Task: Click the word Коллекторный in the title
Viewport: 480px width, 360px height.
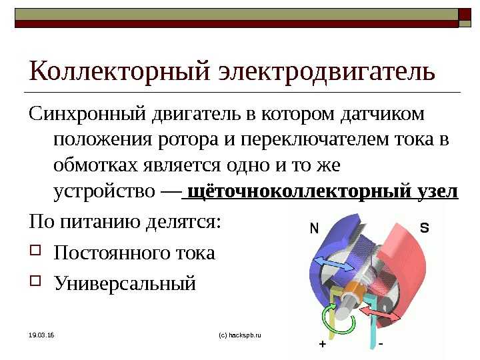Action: (x=120, y=71)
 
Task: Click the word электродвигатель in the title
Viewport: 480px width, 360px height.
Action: (x=327, y=71)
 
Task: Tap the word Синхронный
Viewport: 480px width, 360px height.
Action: (x=87, y=114)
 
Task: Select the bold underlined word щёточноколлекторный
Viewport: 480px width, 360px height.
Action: (x=299, y=191)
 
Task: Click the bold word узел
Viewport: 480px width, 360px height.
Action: (x=438, y=191)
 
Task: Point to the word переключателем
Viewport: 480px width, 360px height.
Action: (x=315, y=139)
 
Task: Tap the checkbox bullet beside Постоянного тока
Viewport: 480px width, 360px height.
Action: (x=35, y=250)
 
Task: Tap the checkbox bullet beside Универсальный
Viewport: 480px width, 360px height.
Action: (x=35, y=280)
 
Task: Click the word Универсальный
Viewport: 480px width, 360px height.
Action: (x=125, y=283)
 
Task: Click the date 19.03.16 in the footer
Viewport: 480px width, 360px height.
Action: (x=41, y=335)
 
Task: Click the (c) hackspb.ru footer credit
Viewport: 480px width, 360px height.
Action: (x=240, y=335)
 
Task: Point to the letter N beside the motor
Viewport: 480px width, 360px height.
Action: (x=315, y=229)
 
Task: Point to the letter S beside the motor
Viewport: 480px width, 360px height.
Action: (x=424, y=228)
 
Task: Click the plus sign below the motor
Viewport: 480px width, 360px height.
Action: (x=323, y=344)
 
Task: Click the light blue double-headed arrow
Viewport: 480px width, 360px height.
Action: (x=334, y=264)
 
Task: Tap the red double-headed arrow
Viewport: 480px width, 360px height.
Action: (x=379, y=315)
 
